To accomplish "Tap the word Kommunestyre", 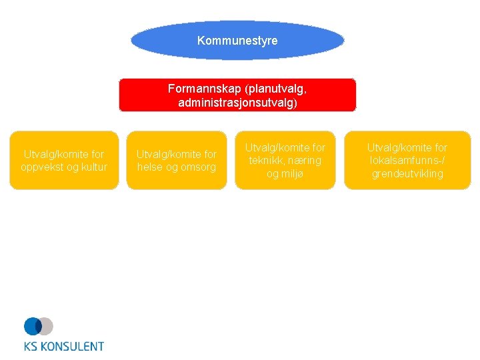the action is tap(237, 41).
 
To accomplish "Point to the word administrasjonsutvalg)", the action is tap(237, 103).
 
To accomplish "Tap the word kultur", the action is tap(92, 167).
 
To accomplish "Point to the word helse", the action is tap(151, 167).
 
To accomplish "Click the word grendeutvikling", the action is tap(407, 174).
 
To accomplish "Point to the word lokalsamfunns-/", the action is tap(407, 161).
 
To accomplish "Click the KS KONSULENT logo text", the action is tap(64, 346).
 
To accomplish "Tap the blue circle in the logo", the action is tap(33, 326).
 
